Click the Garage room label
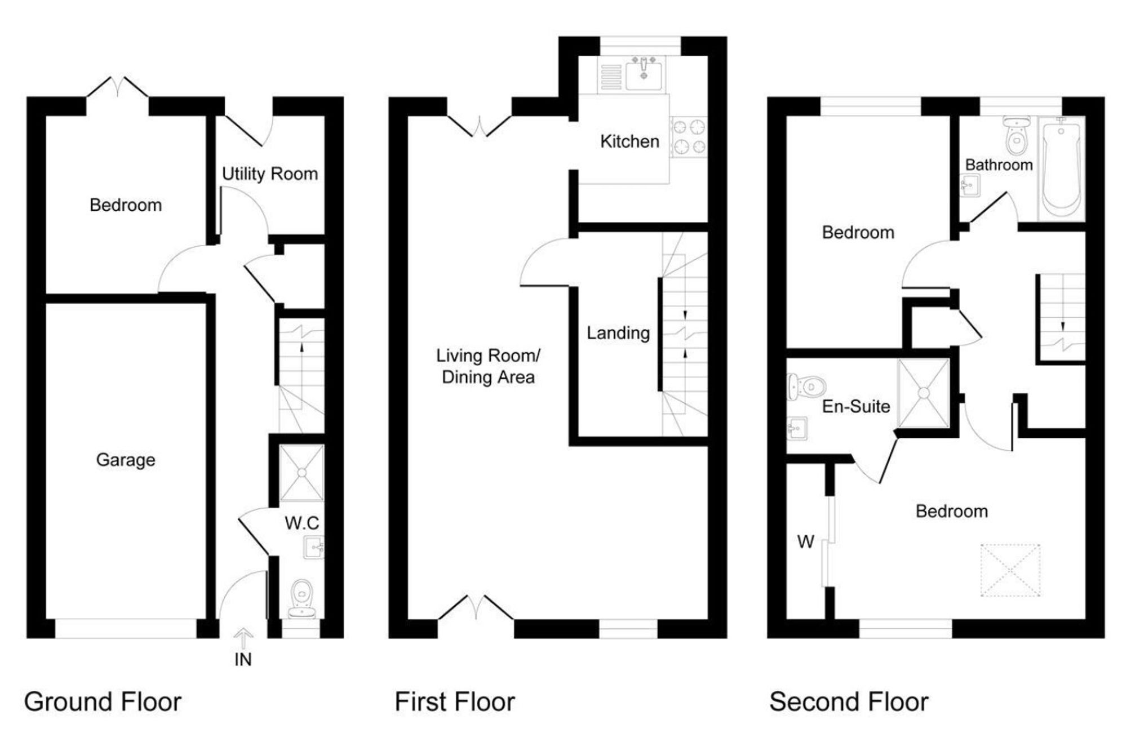click(126, 460)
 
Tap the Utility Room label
click(269, 174)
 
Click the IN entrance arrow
click(243, 640)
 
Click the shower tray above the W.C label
click(302, 473)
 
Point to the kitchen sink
click(644, 74)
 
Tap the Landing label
click(618, 333)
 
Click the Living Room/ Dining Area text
click(488, 366)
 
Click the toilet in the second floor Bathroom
click(1016, 135)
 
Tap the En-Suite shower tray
click(924, 393)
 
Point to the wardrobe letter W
click(806, 542)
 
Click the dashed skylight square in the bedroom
click(1010, 570)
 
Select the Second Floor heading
click(848, 702)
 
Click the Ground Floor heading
click(103, 702)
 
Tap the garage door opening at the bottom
click(126, 629)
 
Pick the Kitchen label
click(629, 141)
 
